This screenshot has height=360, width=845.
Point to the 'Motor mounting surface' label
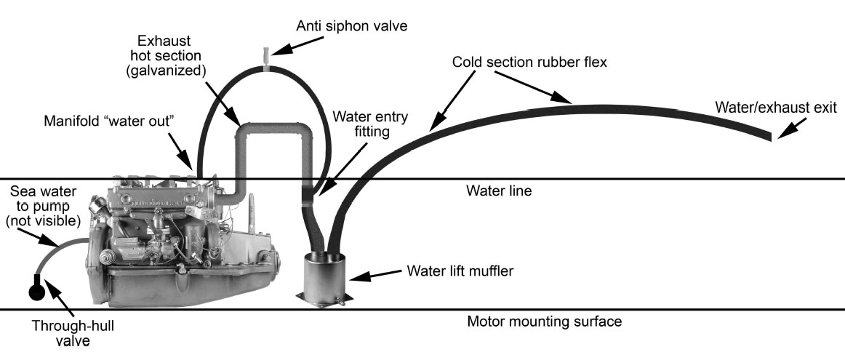[545, 321]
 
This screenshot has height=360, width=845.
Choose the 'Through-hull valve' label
[60, 331]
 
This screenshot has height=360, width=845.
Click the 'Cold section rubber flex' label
[529, 63]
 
